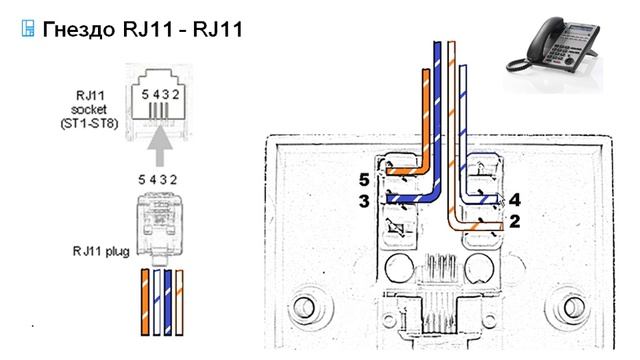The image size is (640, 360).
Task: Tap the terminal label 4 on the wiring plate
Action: click(x=515, y=198)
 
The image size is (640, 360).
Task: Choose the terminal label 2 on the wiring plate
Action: click(x=515, y=220)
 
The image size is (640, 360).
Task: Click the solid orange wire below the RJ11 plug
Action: click(x=146, y=300)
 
